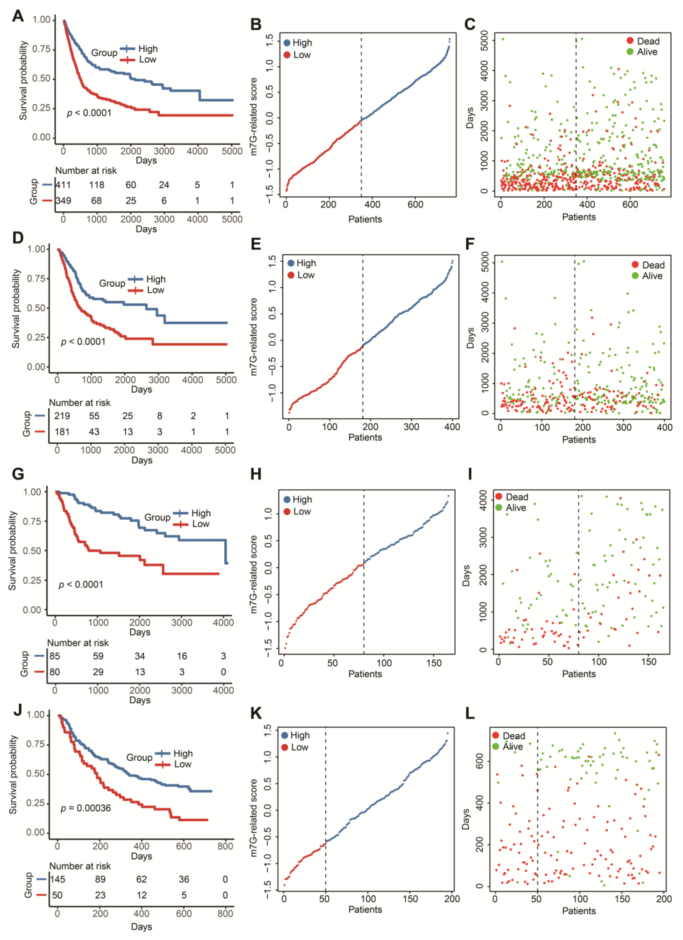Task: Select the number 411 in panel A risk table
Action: coord(63,185)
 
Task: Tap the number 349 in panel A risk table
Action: coord(63,201)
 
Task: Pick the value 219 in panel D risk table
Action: coord(62,416)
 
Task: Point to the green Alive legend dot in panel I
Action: coord(498,507)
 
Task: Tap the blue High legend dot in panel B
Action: coord(286,43)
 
